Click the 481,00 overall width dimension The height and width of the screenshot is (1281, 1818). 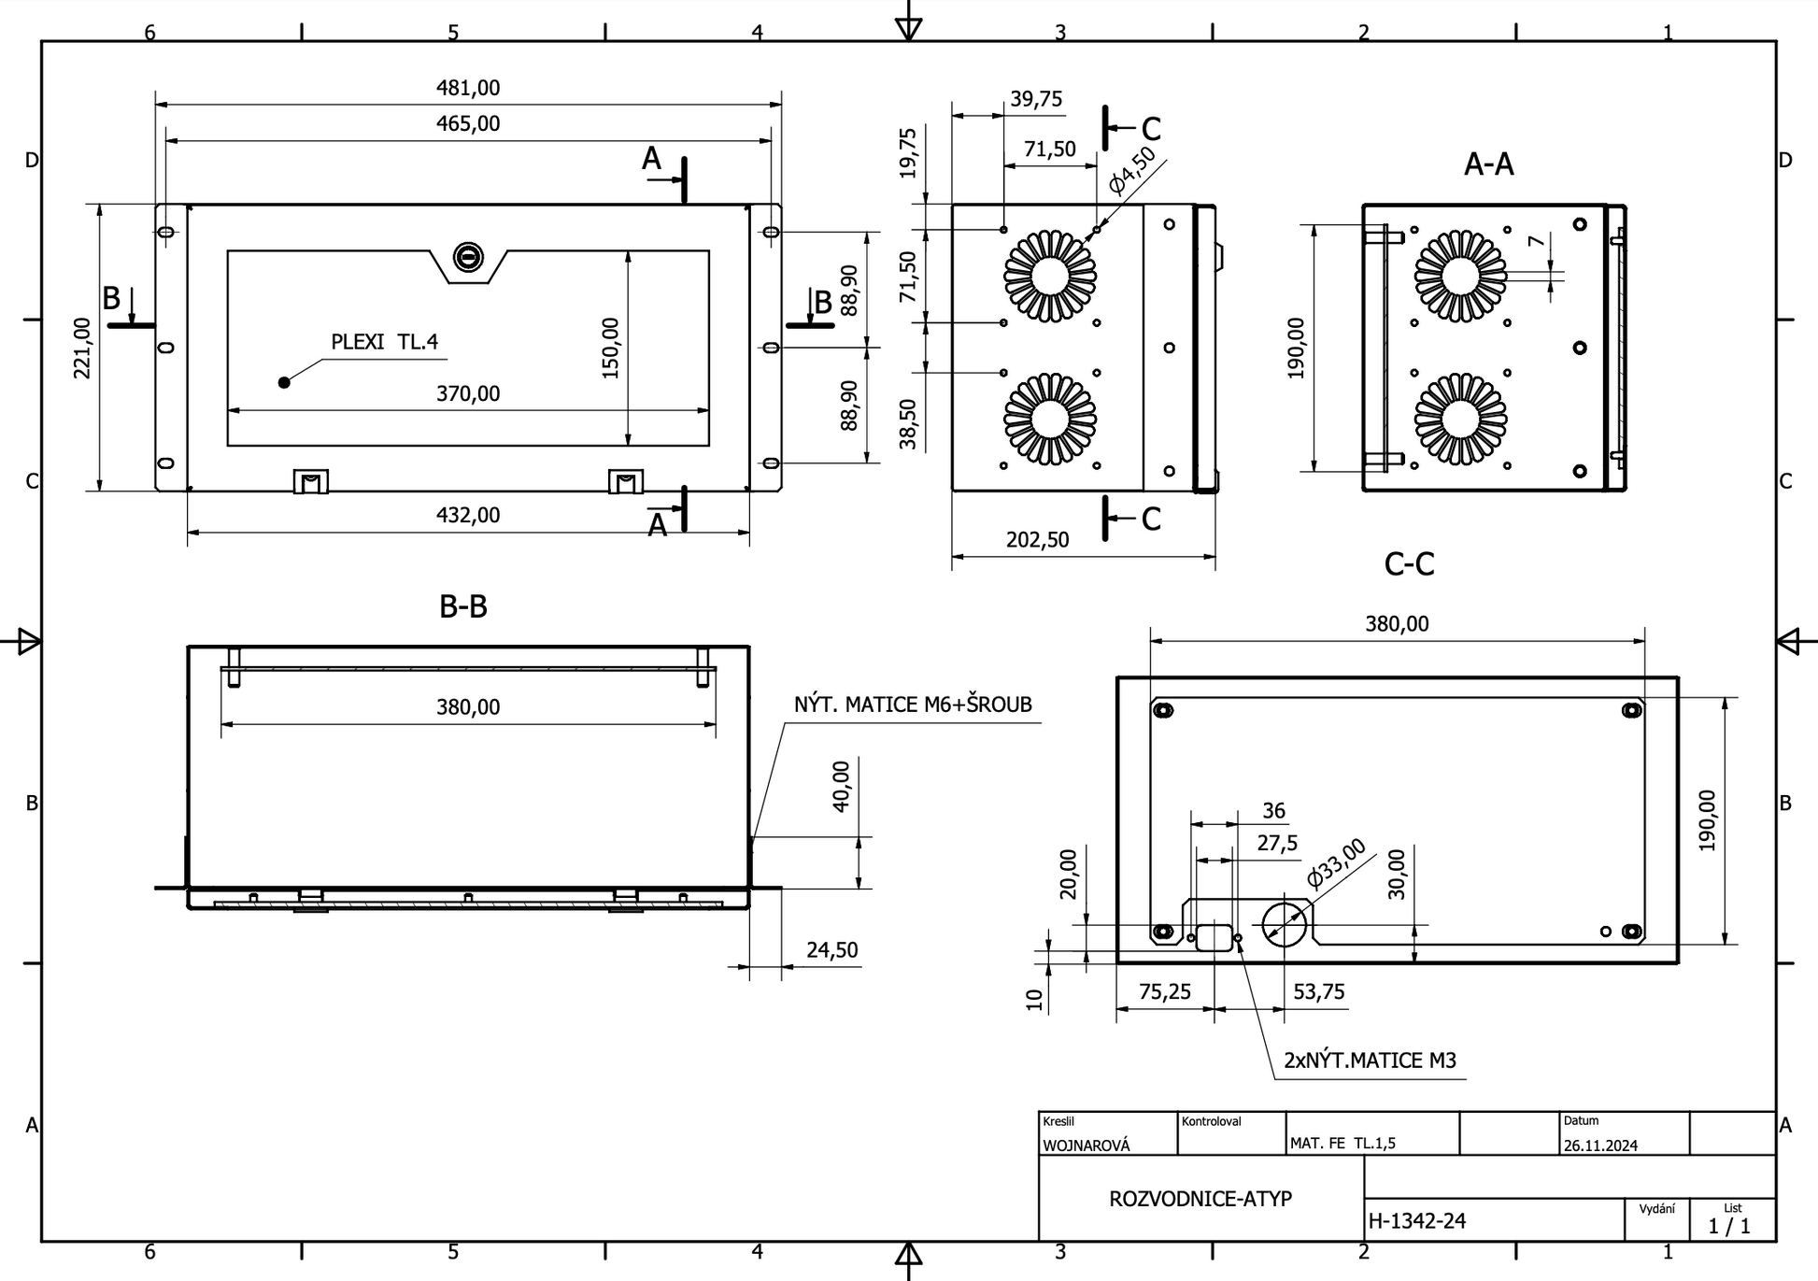point(468,88)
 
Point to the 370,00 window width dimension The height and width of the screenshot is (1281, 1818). point(468,393)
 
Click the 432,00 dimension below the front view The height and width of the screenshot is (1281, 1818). point(468,515)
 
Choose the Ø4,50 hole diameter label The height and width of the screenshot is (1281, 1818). point(1131,170)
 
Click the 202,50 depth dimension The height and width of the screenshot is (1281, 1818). point(1037,540)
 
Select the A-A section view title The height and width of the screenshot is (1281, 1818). point(1488,164)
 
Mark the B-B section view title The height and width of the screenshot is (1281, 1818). point(463,606)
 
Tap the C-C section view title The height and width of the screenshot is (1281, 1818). point(1409,564)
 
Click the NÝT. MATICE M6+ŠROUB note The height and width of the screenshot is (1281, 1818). point(913,705)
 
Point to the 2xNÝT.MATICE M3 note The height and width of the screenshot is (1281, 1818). point(1370,1060)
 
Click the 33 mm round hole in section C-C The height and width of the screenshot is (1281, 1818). point(1285,923)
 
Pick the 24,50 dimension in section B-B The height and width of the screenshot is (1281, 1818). point(831,950)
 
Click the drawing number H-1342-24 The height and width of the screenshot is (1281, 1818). point(1417,1220)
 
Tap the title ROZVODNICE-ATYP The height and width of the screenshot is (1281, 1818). point(1200,1199)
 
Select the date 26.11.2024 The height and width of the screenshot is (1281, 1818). point(1600,1146)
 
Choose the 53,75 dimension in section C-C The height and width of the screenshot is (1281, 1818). point(1318,991)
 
